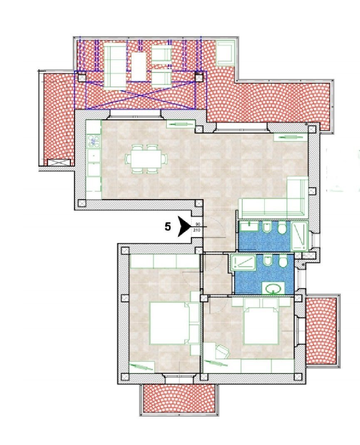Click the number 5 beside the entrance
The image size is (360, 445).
(168, 227)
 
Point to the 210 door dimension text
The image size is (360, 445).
(197, 230)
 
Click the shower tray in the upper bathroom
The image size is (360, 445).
(299, 236)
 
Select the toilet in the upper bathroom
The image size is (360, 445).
(282, 228)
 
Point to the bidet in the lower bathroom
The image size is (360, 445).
(267, 262)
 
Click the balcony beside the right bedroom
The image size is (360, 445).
(320, 330)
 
